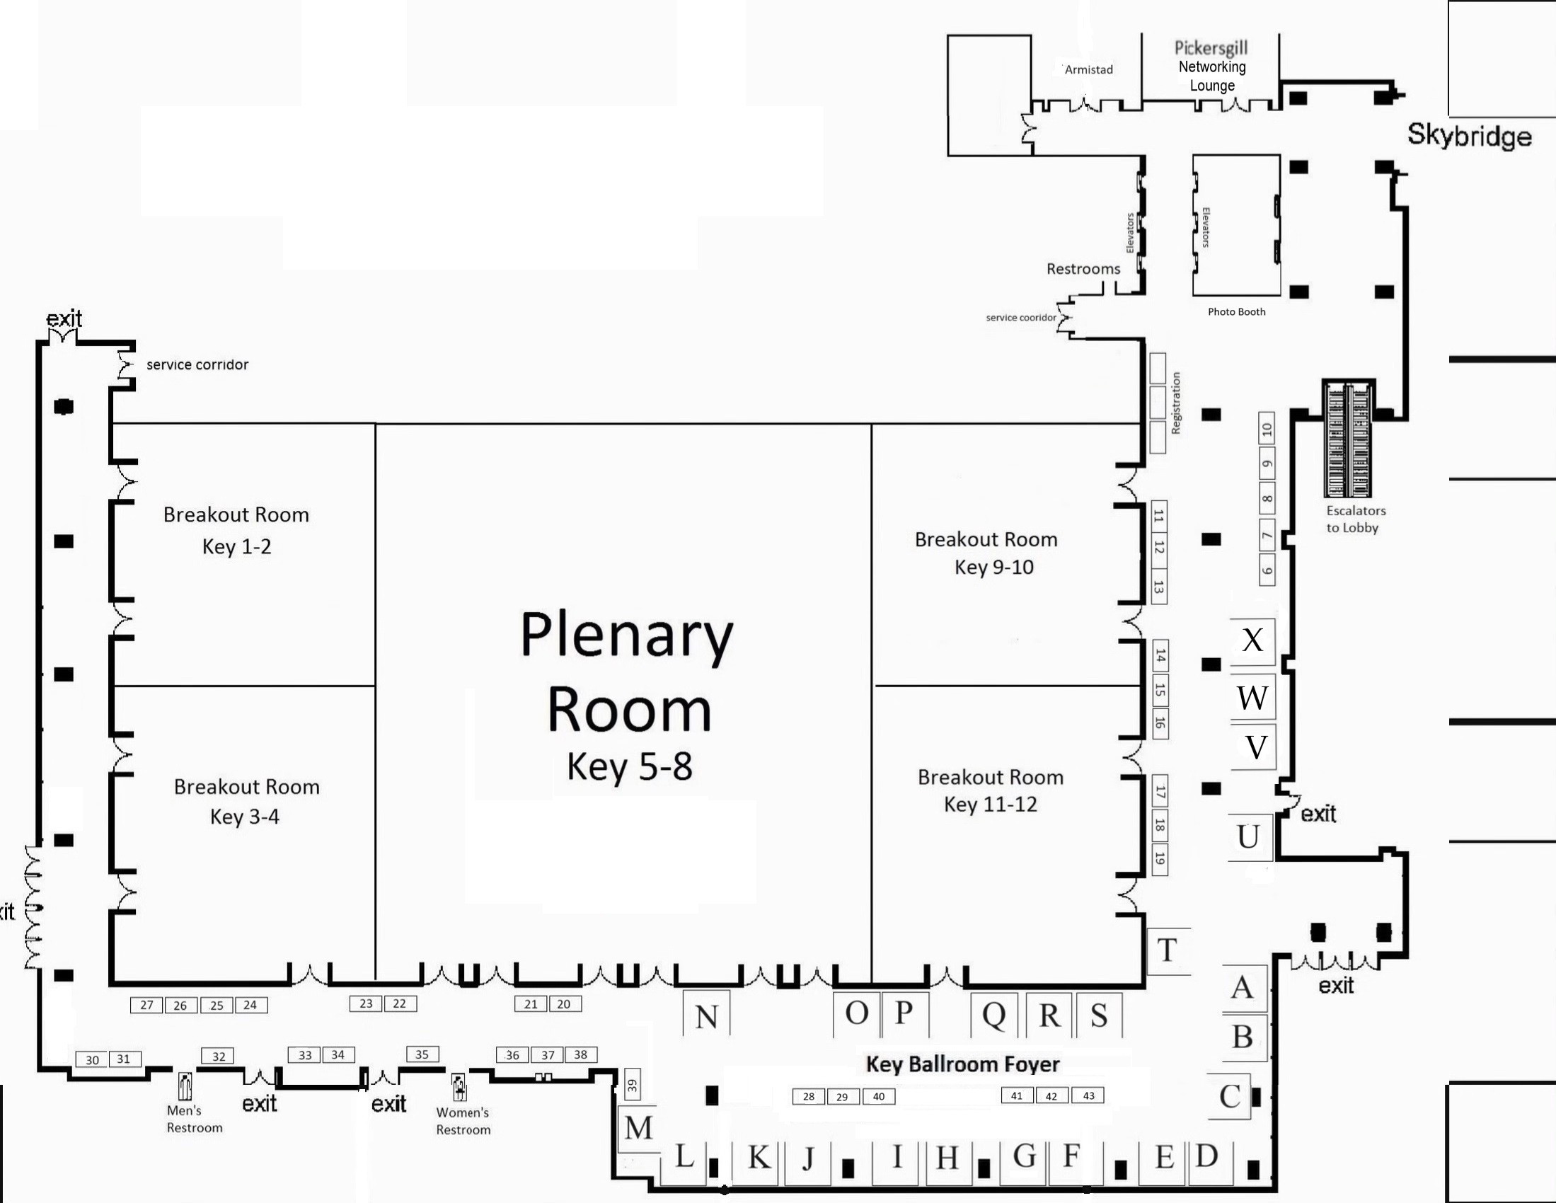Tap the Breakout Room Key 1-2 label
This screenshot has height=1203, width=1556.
click(236, 530)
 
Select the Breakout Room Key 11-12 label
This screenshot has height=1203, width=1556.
click(991, 790)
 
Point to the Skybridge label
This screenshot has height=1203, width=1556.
click(1469, 135)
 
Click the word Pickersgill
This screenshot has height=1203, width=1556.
click(1211, 47)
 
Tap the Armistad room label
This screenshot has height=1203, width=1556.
click(1088, 69)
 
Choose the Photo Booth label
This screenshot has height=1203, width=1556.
click(1237, 311)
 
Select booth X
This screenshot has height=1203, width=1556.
click(1252, 640)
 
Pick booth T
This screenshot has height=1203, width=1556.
click(1167, 950)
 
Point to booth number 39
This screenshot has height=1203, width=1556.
click(632, 1086)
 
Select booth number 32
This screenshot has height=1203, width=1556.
click(219, 1057)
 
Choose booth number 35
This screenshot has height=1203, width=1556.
click(422, 1054)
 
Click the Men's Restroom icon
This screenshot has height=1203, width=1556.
click(186, 1086)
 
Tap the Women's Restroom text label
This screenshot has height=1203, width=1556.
click(463, 1120)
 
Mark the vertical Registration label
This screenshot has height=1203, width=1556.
click(1175, 403)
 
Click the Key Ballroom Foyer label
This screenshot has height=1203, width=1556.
click(962, 1064)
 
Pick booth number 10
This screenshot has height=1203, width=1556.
click(1267, 429)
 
